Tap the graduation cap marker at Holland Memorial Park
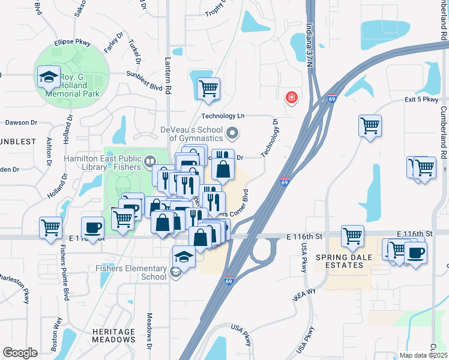(x=49, y=77)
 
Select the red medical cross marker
(x=292, y=97)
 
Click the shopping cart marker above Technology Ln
(x=208, y=89)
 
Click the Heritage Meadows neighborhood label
(x=113, y=335)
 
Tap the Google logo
(x=20, y=353)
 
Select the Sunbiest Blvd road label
(x=144, y=82)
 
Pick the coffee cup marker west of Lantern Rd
(x=92, y=227)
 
